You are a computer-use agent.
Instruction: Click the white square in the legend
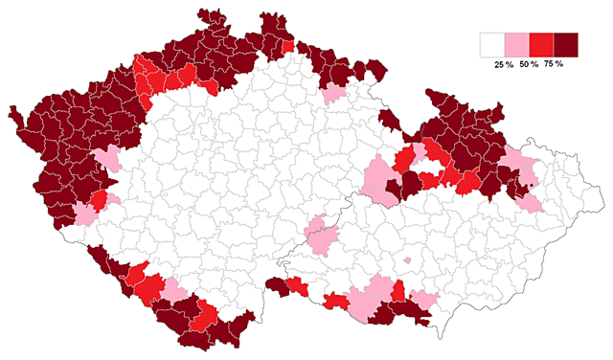point(493,44)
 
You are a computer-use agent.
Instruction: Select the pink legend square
point(517,44)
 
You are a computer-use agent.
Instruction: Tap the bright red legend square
point(542,44)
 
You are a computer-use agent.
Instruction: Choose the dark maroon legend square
point(567,44)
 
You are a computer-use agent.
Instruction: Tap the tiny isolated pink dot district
point(408,259)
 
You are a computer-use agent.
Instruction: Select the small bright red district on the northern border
point(288,46)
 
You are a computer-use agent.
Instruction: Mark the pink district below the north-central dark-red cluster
point(333,93)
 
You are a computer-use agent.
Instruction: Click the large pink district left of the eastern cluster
point(381,180)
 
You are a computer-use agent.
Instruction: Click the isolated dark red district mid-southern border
point(278,283)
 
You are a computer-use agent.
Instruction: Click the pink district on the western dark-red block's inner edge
point(105,160)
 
